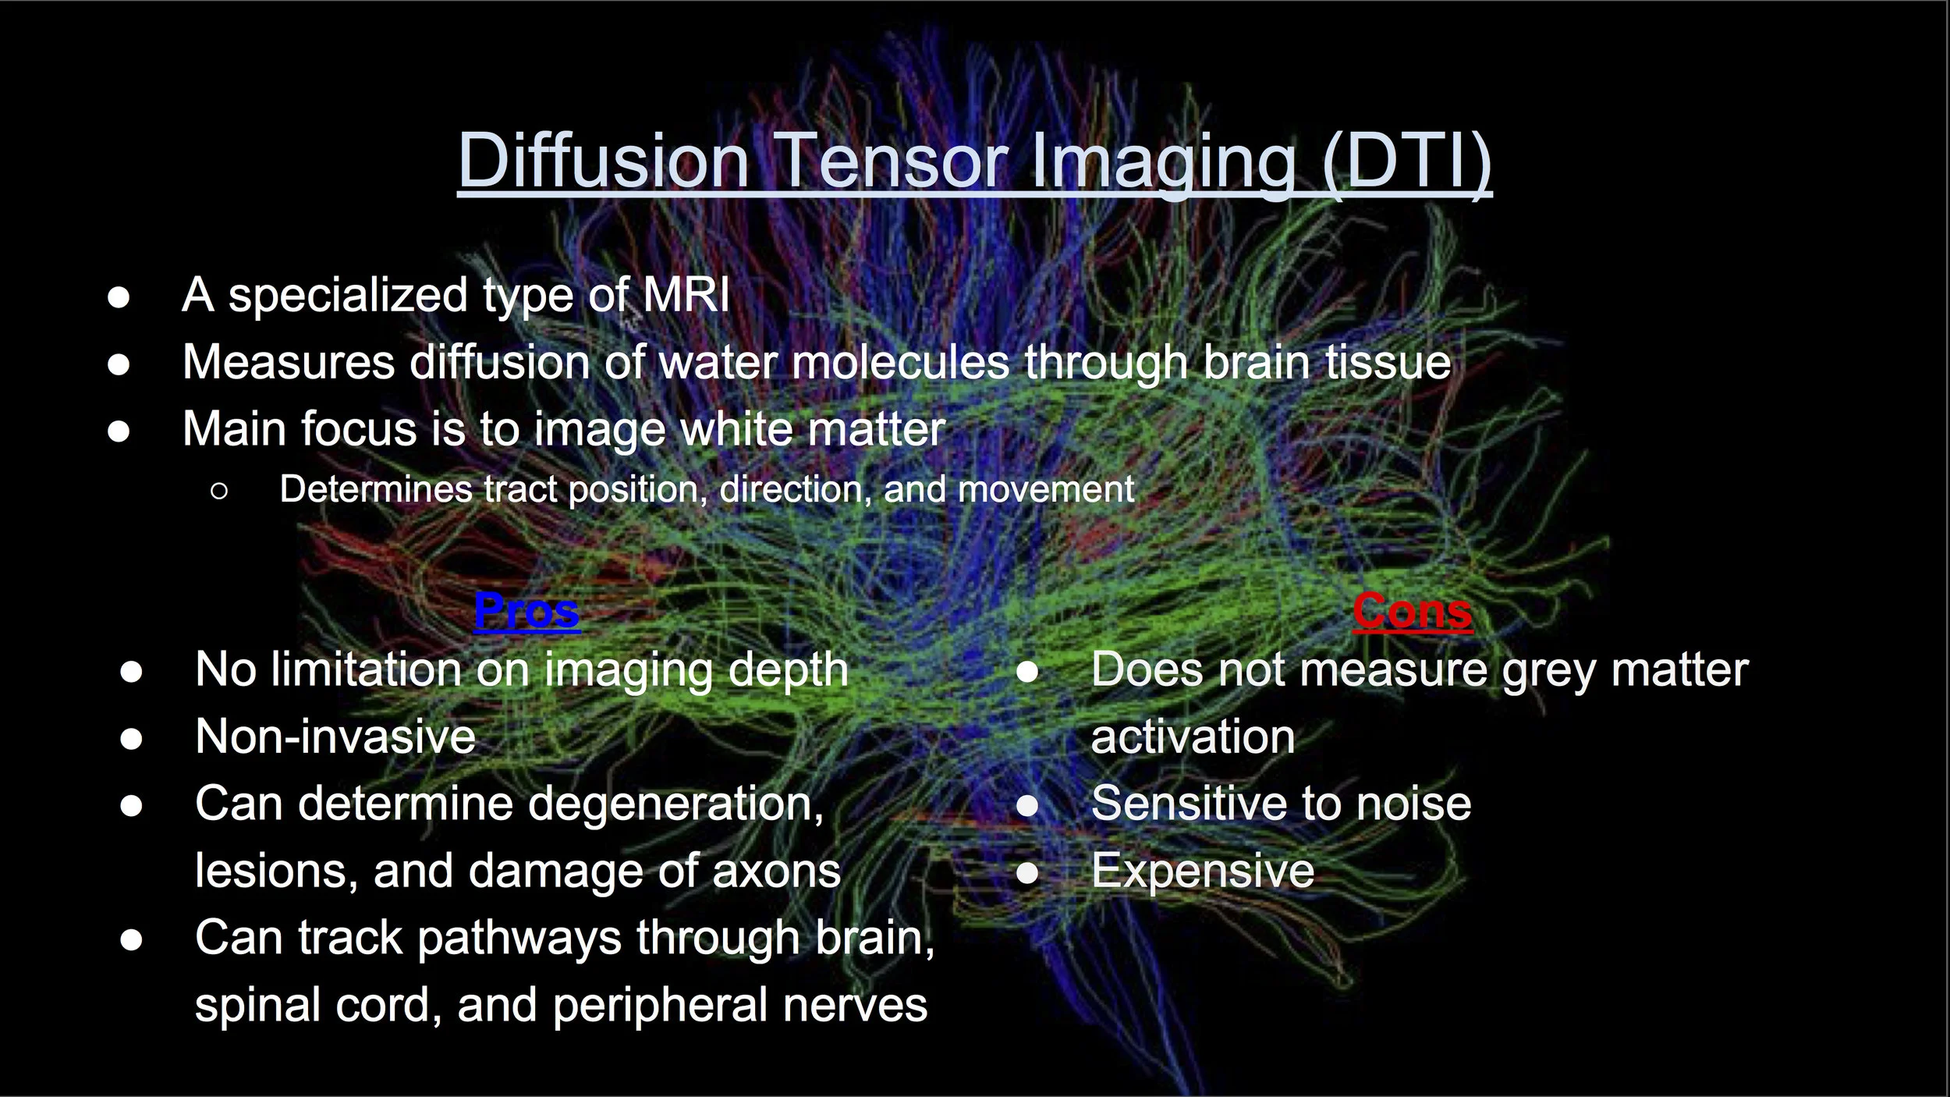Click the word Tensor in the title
[x=894, y=161]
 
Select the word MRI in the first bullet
[x=686, y=295]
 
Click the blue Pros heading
[x=527, y=610]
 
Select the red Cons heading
[x=1413, y=610]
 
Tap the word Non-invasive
[x=335, y=737]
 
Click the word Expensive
[x=1203, y=871]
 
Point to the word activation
[x=1193, y=737]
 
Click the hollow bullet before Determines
[x=219, y=491]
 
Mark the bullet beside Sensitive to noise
[x=1027, y=805]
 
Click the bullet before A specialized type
[x=119, y=297]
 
